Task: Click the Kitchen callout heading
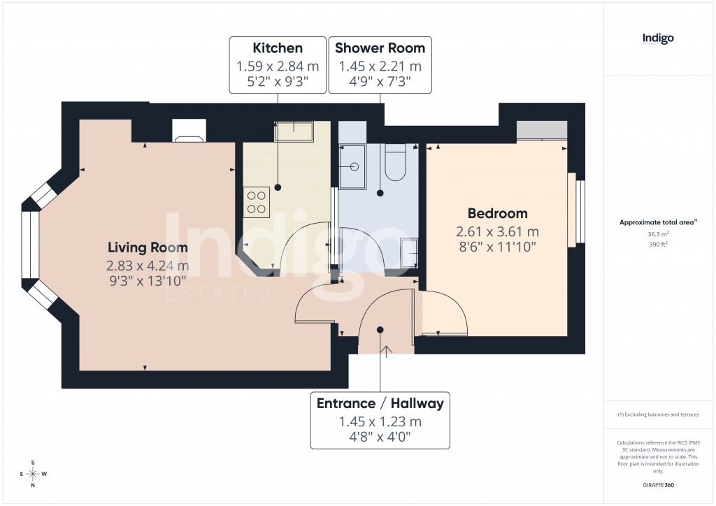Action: (x=278, y=48)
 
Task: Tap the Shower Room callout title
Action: (x=380, y=48)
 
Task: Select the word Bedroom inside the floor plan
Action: (x=497, y=213)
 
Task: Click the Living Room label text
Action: (x=148, y=247)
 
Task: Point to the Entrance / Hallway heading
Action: (x=380, y=403)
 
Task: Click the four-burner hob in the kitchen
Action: (x=257, y=201)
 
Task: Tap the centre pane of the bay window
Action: (x=30, y=245)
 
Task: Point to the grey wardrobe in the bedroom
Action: (x=541, y=131)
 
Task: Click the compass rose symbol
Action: (x=33, y=473)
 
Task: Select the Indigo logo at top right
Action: (x=658, y=38)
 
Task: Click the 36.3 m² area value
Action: (x=658, y=235)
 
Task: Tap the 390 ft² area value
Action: (x=658, y=245)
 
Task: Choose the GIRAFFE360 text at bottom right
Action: (x=658, y=484)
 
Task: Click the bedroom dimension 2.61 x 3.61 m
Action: (x=497, y=231)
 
